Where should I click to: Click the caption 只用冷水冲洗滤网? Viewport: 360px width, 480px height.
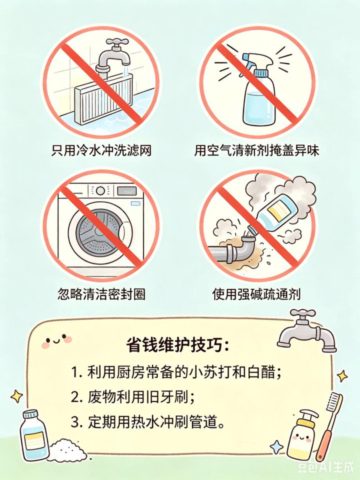tap(101, 150)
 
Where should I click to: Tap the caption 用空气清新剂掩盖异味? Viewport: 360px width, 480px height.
tap(256, 150)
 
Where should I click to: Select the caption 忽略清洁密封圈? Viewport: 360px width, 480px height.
tap(101, 294)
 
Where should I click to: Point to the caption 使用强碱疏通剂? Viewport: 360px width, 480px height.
tap(256, 294)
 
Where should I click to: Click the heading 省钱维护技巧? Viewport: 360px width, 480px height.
tap(177, 345)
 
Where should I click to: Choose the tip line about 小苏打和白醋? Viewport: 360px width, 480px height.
tap(176, 372)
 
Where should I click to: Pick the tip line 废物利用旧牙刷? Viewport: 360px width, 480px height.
tap(132, 397)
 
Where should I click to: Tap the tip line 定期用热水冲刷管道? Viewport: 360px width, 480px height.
tap(148, 422)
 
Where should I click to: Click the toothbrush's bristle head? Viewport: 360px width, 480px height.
tap(335, 403)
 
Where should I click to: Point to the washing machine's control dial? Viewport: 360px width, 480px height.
tap(100, 191)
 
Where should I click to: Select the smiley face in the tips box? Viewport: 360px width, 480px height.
tap(56, 340)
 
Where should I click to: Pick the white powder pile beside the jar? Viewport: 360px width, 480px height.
tap(67, 450)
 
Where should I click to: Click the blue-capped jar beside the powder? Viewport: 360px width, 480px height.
tap(33, 434)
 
